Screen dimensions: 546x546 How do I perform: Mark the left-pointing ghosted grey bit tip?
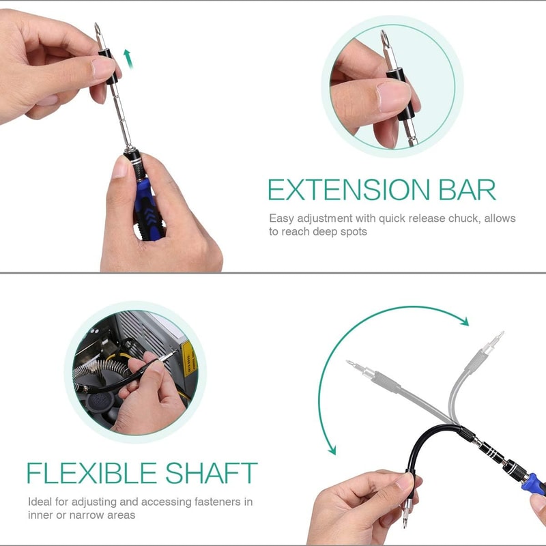click(x=351, y=364)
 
